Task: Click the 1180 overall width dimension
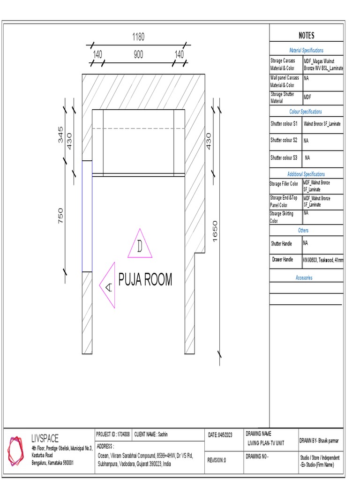tap(138, 37)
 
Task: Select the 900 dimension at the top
tap(138, 55)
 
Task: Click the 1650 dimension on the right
tap(215, 231)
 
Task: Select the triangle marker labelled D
tap(140, 245)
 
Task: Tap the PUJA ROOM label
tap(145, 280)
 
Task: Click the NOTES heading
tap(307, 36)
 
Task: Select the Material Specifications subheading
tap(306, 50)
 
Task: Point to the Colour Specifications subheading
tap(306, 112)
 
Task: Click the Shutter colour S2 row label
tap(284, 140)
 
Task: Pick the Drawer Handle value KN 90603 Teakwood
tap(323, 259)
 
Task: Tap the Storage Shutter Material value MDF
tap(307, 97)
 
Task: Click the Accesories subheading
tap(304, 278)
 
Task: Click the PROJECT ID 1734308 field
tap(113, 434)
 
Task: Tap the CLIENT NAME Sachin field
tap(151, 434)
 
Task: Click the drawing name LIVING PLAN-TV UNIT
tap(266, 443)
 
